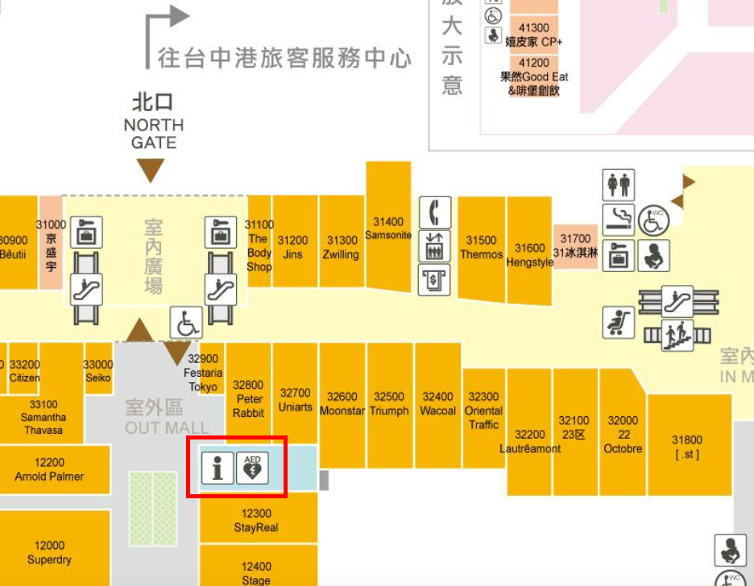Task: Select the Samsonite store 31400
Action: (388, 229)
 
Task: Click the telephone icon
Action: (435, 213)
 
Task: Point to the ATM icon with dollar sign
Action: (435, 279)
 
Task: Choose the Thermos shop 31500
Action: (481, 247)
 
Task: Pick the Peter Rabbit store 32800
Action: (248, 399)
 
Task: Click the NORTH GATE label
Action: (153, 134)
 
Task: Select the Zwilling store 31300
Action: (342, 247)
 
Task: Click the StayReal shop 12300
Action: (256, 521)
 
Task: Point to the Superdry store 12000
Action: (49, 553)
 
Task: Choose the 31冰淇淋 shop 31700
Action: (575, 245)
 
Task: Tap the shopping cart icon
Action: (619, 323)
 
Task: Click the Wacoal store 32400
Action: (437, 403)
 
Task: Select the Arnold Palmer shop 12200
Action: (49, 469)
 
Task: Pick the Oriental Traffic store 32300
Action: (483, 411)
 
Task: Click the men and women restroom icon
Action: (619, 185)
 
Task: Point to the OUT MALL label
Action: (166, 428)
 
